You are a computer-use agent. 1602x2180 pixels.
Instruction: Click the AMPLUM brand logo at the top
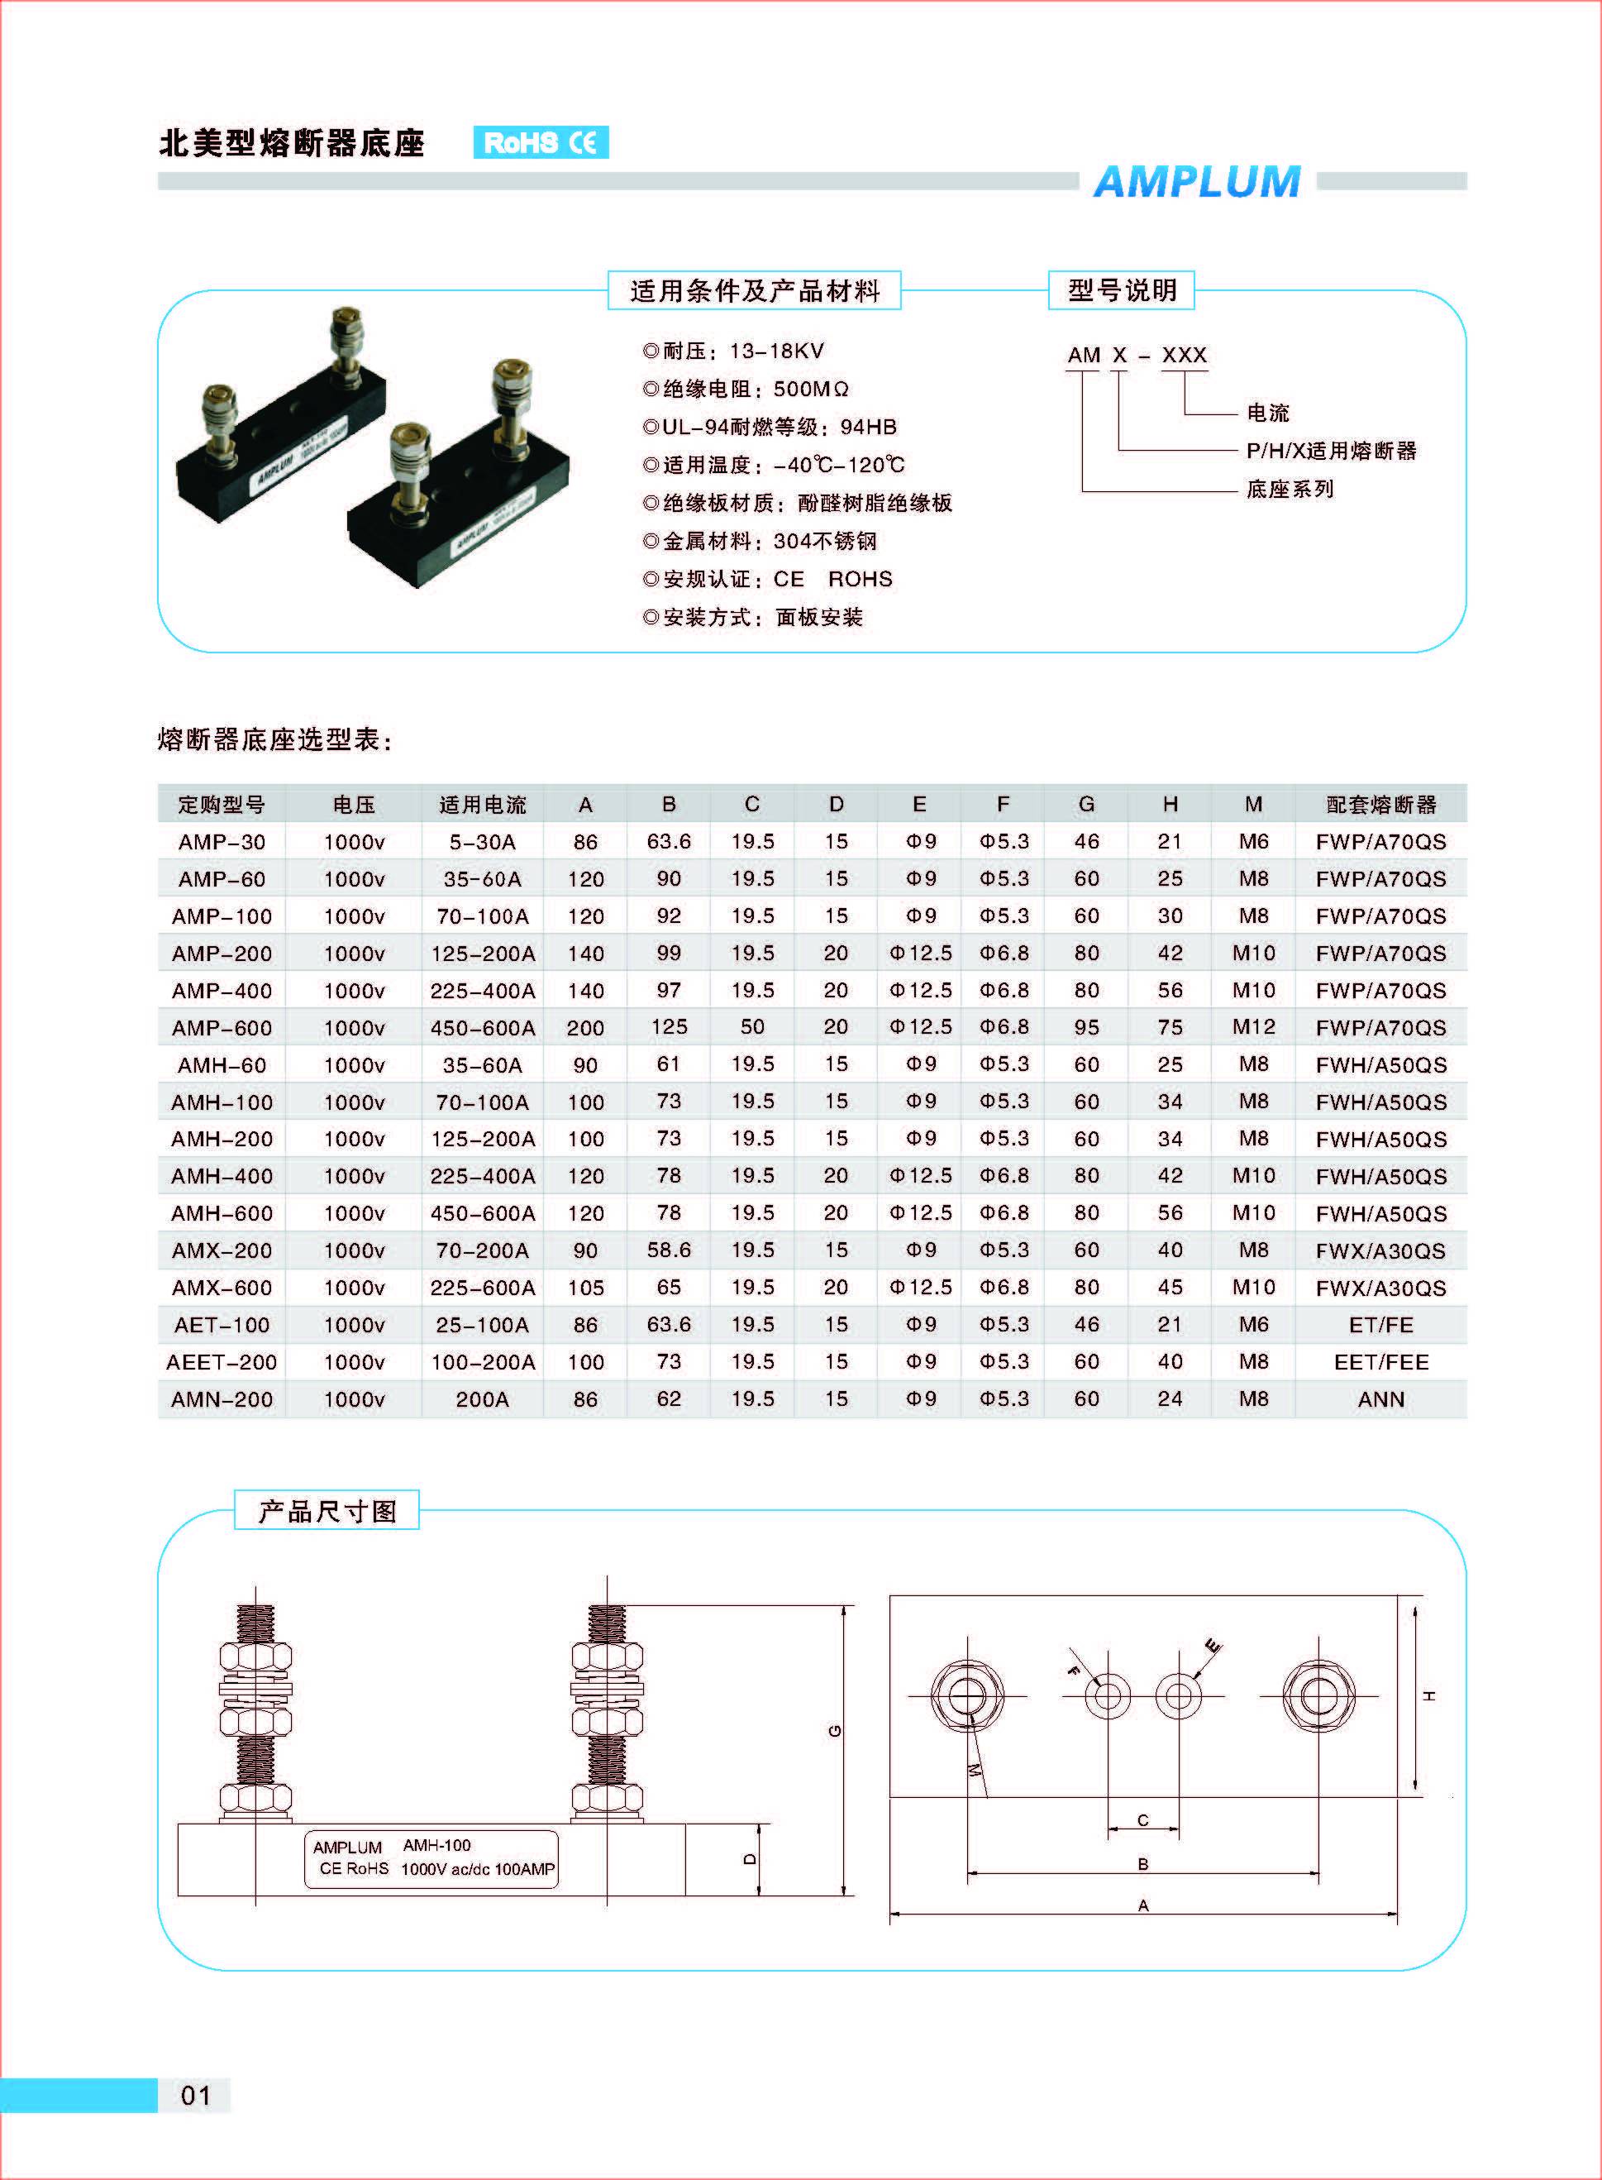tap(1197, 181)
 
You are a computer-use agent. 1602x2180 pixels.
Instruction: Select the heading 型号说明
tap(1121, 290)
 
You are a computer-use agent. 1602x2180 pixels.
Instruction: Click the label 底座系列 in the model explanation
tap(1290, 489)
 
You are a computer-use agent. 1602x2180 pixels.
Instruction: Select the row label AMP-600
tap(222, 1027)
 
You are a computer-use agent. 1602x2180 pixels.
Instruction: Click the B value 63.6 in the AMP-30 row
tap(669, 841)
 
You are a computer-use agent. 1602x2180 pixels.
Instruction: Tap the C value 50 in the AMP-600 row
tap(752, 1026)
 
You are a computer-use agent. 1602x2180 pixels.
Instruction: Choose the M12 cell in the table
tap(1253, 1026)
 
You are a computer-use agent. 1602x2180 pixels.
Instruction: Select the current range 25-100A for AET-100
tap(482, 1324)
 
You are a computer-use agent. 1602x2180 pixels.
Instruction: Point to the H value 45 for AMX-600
tap(1170, 1288)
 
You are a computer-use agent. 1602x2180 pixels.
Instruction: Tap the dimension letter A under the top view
tap(1143, 1905)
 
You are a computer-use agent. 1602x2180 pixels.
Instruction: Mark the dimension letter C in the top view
tap(1143, 1820)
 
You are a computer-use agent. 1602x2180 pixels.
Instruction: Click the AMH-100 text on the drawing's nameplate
tap(436, 1845)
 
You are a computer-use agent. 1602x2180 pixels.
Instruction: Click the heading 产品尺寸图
tap(327, 1512)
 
